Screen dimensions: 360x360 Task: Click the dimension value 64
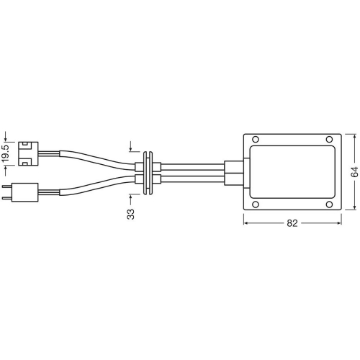(354, 173)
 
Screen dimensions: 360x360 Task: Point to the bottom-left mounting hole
(253, 204)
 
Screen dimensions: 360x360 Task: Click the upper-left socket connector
(30, 152)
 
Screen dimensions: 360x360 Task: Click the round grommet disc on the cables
(148, 173)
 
